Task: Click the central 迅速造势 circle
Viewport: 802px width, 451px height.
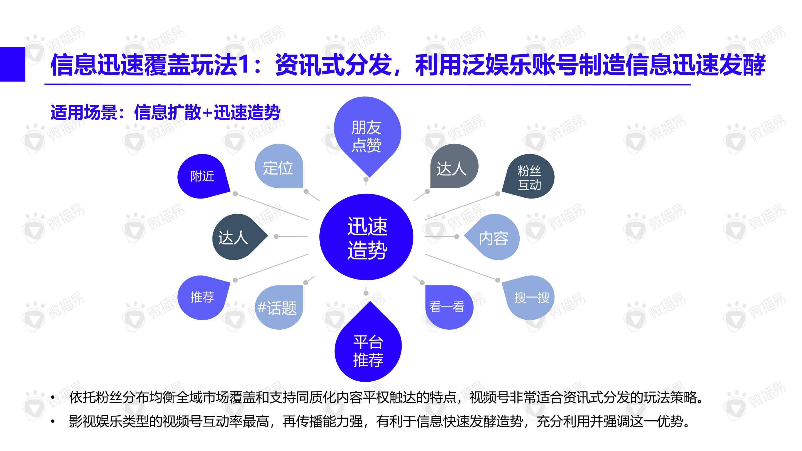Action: click(x=366, y=237)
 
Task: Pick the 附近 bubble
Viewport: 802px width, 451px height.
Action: click(x=202, y=176)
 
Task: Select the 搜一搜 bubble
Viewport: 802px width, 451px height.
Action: click(x=531, y=298)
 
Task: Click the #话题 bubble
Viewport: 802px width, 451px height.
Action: click(x=278, y=308)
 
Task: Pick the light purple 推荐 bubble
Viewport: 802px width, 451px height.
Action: click(x=202, y=297)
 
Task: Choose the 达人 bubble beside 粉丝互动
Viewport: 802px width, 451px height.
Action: click(x=452, y=168)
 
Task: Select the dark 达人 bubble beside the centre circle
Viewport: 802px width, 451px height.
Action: click(x=234, y=237)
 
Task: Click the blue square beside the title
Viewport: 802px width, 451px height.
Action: click(x=13, y=64)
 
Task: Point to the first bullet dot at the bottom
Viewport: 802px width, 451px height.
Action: click(x=53, y=398)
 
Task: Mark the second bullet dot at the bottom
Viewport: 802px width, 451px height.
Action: click(x=53, y=422)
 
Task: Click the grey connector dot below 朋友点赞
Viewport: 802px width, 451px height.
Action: click(x=366, y=179)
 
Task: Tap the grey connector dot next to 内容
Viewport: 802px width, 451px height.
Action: click(x=457, y=237)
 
